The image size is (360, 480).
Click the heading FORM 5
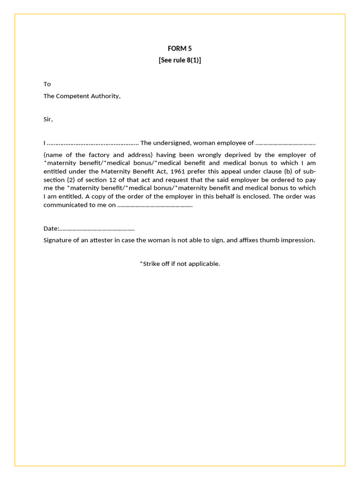tap(180, 48)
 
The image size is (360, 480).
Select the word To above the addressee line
tap(47, 84)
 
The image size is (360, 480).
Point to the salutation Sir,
tap(48, 120)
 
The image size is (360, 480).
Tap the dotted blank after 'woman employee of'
tap(285, 143)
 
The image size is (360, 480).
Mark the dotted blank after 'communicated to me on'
tap(155, 205)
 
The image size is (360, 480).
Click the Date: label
tap(51, 229)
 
